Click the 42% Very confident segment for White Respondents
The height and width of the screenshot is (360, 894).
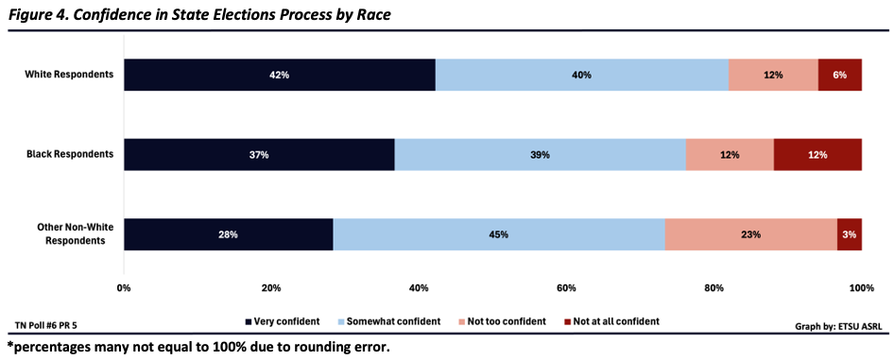pos(279,75)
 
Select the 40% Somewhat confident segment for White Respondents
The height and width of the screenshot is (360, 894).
pos(582,75)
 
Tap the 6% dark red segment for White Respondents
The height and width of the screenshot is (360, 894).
pos(840,75)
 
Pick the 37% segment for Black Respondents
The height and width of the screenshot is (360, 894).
pos(259,154)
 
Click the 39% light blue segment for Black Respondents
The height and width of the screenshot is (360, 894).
pos(540,154)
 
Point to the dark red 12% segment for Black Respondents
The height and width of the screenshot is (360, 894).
pos(817,154)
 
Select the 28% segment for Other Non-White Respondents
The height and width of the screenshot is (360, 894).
pos(228,234)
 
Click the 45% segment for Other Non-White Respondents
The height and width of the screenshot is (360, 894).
pos(499,234)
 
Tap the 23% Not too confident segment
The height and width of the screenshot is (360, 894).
pos(750,234)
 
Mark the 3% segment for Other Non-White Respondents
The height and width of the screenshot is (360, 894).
pos(850,234)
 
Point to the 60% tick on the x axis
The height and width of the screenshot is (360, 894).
pos(566,287)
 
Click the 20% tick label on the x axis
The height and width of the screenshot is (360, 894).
pos(271,287)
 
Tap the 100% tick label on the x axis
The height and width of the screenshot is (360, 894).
pos(861,287)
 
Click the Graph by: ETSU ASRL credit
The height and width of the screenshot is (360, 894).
pos(832,326)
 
